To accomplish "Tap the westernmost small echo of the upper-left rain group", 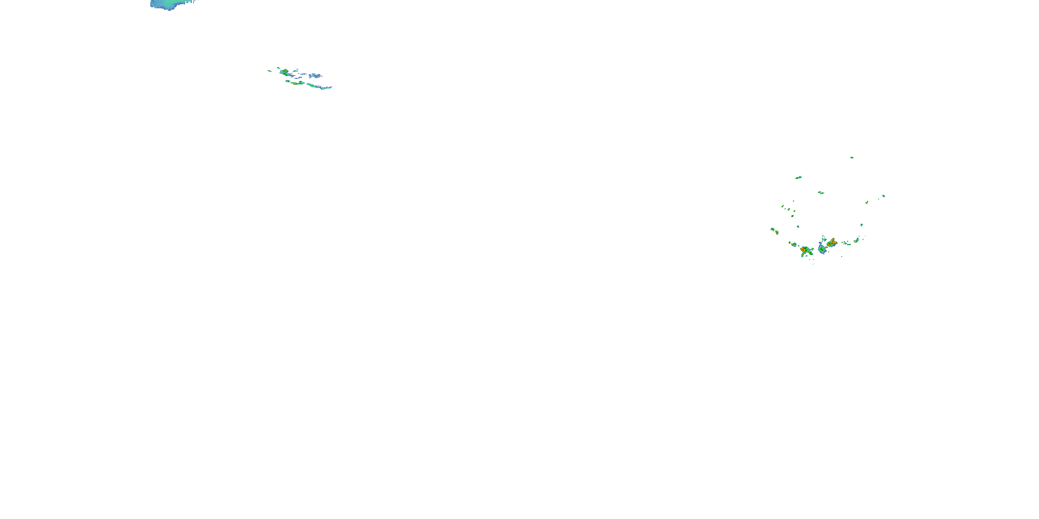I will click(269, 71).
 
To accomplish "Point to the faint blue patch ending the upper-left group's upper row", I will click(316, 75).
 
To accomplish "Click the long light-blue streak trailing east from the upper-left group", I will click(323, 86).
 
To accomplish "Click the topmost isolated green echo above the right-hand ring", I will click(851, 157).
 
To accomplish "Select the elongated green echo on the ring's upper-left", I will click(799, 177).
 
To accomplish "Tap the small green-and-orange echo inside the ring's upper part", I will click(821, 193).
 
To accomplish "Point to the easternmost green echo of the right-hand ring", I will click(883, 196).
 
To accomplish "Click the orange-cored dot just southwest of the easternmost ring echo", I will click(867, 202).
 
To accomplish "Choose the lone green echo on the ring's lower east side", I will click(862, 225).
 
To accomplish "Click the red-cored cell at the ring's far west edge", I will click(777, 233).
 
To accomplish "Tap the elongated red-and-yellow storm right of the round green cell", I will click(832, 243).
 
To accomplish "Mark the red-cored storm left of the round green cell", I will click(804, 250).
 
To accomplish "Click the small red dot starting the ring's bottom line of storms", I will click(790, 243).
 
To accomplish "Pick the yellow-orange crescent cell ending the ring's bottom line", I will click(856, 240).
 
